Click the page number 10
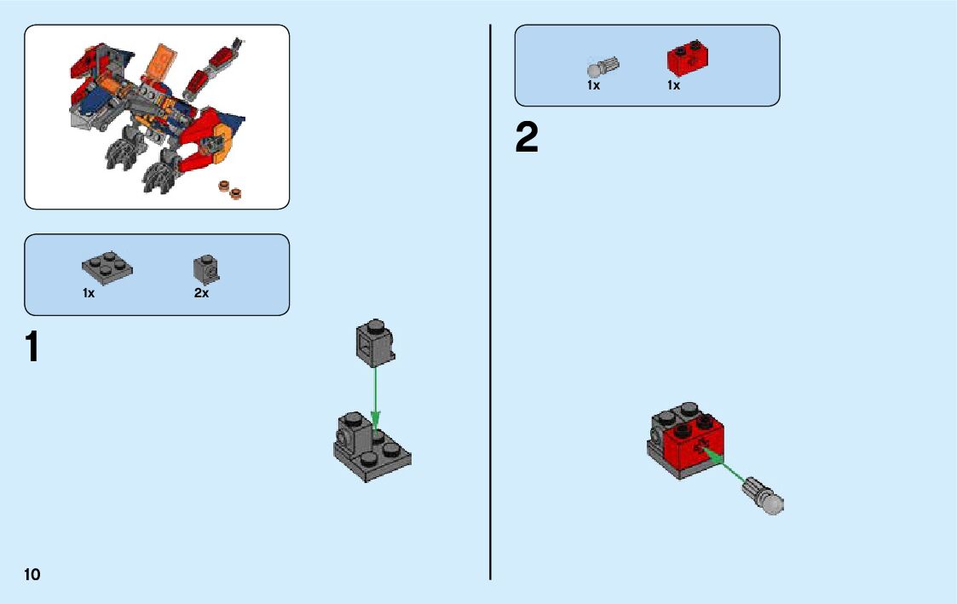point(32,575)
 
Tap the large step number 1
point(32,347)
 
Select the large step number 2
point(527,139)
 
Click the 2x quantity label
point(201,293)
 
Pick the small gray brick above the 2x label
point(205,268)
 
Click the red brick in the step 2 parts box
point(688,58)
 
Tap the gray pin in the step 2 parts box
point(602,66)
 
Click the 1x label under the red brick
point(673,86)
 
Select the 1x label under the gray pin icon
point(593,86)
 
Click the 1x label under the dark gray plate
point(89,293)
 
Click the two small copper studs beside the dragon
point(230,188)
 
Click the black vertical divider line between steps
point(490,302)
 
